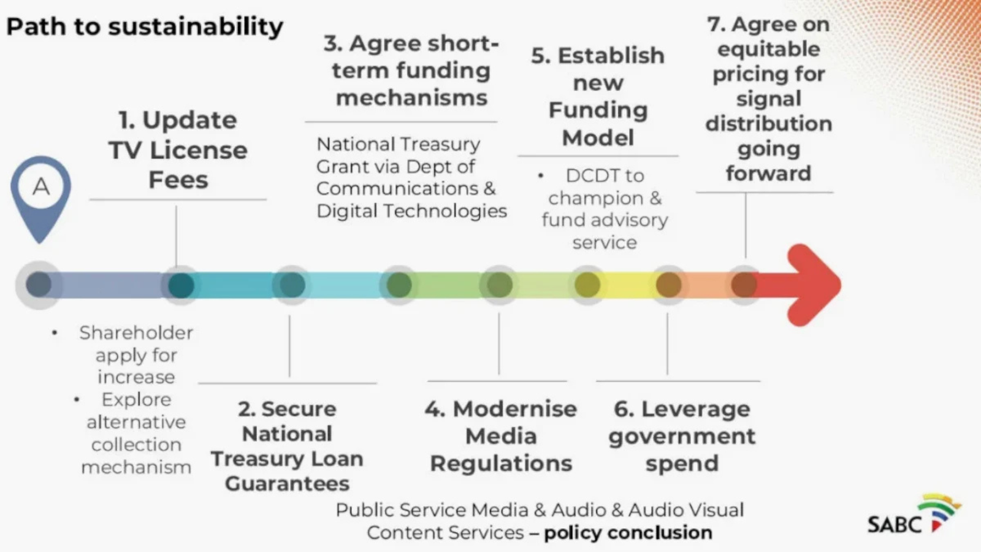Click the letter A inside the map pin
41,186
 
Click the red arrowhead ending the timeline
812,285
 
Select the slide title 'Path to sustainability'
145,26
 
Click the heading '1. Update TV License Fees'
178,150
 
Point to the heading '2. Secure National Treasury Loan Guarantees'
287,446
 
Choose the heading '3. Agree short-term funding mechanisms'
411,71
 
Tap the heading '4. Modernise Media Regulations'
501,436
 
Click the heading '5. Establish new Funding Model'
598,96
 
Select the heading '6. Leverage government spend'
682,436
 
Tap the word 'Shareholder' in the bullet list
136,332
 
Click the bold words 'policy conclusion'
628,532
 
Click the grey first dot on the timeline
39,285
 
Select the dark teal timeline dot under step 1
181,285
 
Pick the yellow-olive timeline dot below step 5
587,285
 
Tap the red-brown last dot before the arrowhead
744,285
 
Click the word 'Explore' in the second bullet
136,399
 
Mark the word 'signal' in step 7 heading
768,99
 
